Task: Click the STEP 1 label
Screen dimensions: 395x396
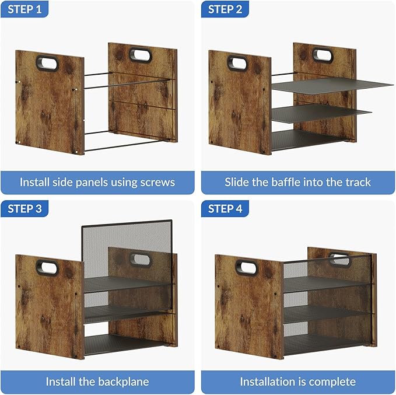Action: coord(24,9)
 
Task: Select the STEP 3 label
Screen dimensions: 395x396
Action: coord(24,209)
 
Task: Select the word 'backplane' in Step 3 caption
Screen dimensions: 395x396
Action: coord(123,382)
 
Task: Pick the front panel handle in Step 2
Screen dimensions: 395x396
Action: coord(239,62)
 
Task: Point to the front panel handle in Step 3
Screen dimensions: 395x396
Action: coord(46,268)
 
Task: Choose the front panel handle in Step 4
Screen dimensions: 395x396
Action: coord(247,268)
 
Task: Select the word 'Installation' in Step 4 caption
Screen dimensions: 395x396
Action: coord(266,382)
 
